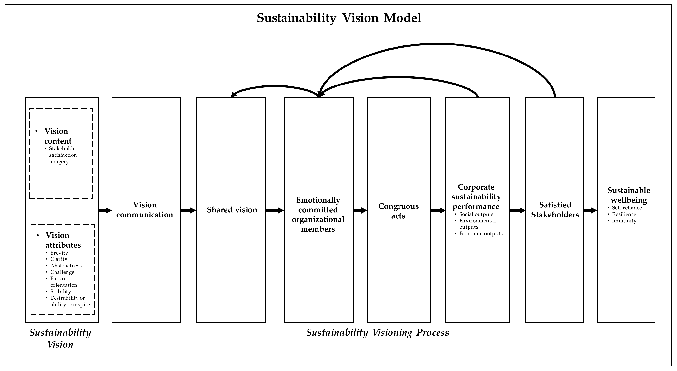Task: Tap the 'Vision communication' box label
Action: [145, 210]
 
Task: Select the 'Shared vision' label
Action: [232, 210]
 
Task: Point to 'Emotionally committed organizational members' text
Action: [318, 214]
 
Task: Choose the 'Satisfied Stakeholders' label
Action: [555, 210]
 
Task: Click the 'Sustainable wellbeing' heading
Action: [628, 195]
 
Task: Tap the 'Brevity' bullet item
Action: [59, 253]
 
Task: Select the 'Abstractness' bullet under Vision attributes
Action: [66, 266]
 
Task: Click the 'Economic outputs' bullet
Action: [481, 234]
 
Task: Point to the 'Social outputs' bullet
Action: [476, 214]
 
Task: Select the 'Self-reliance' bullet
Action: [627, 208]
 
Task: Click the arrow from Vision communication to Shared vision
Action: [188, 210]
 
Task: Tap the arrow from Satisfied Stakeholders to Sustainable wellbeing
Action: [590, 210]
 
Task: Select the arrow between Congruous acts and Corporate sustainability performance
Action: [438, 210]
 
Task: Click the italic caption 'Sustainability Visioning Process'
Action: [378, 333]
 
